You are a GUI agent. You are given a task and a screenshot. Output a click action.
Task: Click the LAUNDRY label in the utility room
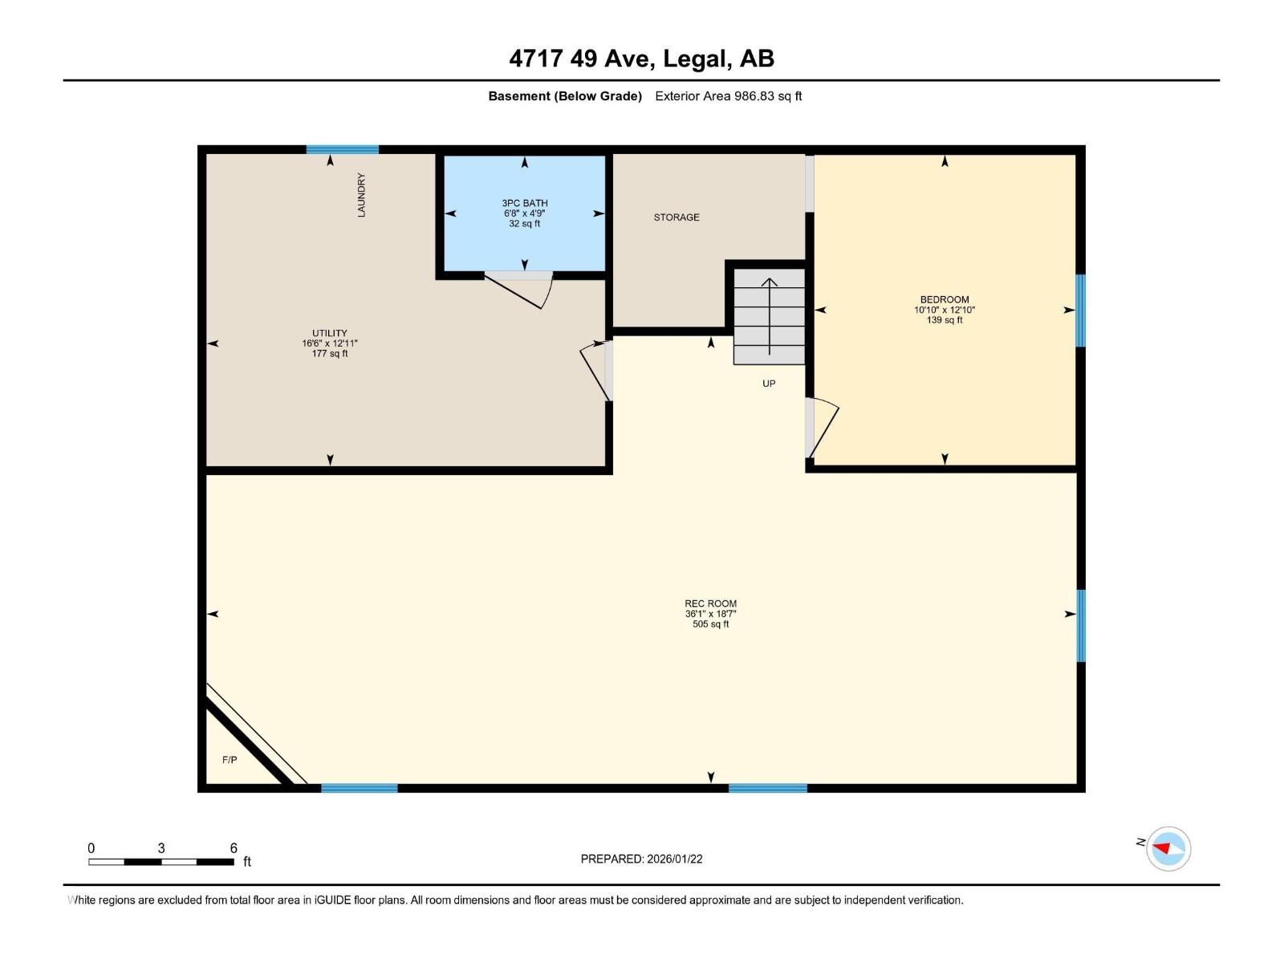pos(361,195)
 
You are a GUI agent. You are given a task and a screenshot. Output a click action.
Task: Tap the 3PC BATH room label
pos(525,203)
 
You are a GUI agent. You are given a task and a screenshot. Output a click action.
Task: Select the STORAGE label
pos(677,217)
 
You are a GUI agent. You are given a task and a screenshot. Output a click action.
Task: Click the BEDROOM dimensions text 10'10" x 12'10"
pos(945,310)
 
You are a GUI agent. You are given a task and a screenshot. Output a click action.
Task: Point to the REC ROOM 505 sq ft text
pos(711,624)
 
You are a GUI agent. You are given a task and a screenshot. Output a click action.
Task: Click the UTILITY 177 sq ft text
pos(330,354)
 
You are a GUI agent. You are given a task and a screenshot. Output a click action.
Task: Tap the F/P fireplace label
pos(230,759)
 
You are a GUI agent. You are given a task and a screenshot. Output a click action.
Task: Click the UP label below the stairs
pos(769,384)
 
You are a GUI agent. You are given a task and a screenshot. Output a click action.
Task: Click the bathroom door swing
pos(522,291)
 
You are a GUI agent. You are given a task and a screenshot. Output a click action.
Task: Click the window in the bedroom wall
pos(1080,311)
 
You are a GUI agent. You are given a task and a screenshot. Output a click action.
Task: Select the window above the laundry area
pos(342,150)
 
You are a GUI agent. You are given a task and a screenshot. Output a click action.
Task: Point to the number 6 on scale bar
pos(234,847)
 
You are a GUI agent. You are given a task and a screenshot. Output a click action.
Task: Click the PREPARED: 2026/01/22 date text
pos(641,859)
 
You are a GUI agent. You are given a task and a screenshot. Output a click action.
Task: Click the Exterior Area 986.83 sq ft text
pos(728,96)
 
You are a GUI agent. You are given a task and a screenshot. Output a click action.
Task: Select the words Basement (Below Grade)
pos(565,96)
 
